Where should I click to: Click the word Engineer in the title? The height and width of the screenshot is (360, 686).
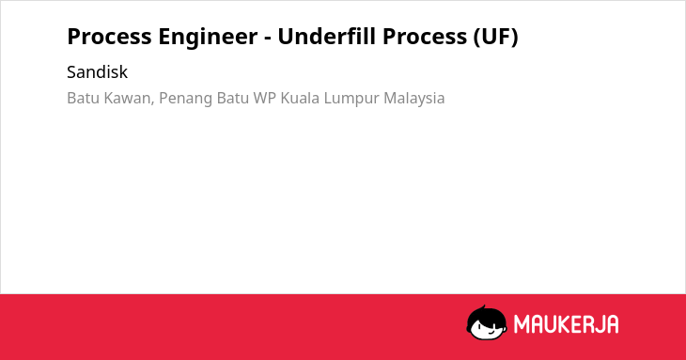point(208,38)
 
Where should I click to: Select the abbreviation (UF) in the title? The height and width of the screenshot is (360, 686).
point(495,37)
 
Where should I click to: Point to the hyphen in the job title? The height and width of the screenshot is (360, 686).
point(268,39)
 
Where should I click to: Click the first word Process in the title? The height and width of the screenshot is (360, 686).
point(109,37)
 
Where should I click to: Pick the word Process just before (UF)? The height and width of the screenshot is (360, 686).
point(425,37)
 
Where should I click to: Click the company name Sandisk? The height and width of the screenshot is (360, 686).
point(97,72)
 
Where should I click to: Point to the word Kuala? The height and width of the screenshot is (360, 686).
point(300,98)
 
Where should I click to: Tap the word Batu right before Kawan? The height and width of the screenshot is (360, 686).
point(83,98)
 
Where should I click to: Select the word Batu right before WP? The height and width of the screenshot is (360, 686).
point(233,98)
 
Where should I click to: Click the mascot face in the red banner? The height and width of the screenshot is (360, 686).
point(487,323)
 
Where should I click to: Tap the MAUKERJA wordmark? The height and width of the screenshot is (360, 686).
point(566,324)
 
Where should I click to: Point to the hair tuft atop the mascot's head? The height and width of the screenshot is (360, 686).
point(483,307)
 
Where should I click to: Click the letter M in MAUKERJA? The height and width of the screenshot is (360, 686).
point(522,324)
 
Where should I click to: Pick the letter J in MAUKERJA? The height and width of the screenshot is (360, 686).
point(597,324)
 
